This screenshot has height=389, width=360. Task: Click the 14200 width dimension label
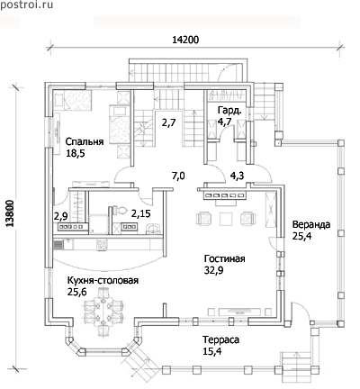[185, 40]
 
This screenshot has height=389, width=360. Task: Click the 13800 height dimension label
[11, 213]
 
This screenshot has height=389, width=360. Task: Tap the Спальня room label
[85, 142]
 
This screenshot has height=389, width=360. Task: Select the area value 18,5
[76, 153]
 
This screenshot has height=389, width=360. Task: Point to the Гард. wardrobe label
[229, 111]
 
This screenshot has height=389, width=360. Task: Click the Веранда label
[311, 224]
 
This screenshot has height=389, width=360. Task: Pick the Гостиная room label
[225, 258]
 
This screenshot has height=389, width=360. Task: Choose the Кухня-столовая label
[103, 280]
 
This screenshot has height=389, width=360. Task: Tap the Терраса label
[221, 339]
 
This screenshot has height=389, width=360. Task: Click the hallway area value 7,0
[178, 176]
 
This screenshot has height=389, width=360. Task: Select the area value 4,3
[237, 176]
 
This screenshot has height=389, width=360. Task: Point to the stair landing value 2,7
[168, 122]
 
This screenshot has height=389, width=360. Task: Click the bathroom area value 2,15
[141, 213]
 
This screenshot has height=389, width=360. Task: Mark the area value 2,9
[61, 216]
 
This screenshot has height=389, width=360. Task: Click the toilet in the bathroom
[120, 210]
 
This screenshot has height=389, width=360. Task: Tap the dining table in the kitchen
[103, 308]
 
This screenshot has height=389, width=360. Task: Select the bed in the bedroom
[120, 124]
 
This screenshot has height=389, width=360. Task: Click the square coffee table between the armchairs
[226, 219]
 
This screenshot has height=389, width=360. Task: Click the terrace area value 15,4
[212, 351]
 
